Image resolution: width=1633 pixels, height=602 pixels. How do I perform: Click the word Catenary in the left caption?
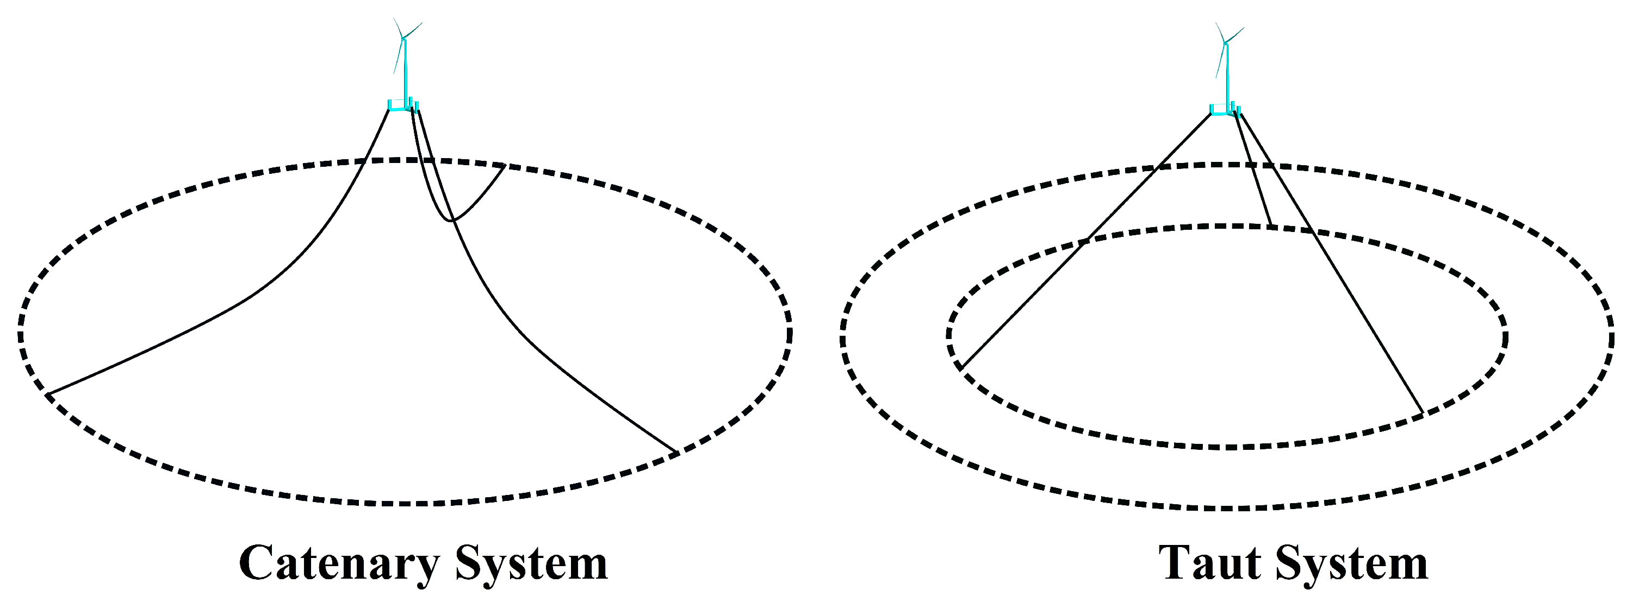click(339, 563)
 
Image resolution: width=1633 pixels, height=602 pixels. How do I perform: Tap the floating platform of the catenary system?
click(403, 106)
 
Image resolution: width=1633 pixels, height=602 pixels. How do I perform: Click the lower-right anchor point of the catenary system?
click(676, 453)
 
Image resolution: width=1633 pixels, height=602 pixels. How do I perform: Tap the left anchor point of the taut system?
click(961, 367)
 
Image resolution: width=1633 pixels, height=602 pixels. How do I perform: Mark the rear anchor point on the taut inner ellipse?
click(1271, 224)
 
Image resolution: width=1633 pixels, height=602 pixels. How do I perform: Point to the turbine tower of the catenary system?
click(405, 73)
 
